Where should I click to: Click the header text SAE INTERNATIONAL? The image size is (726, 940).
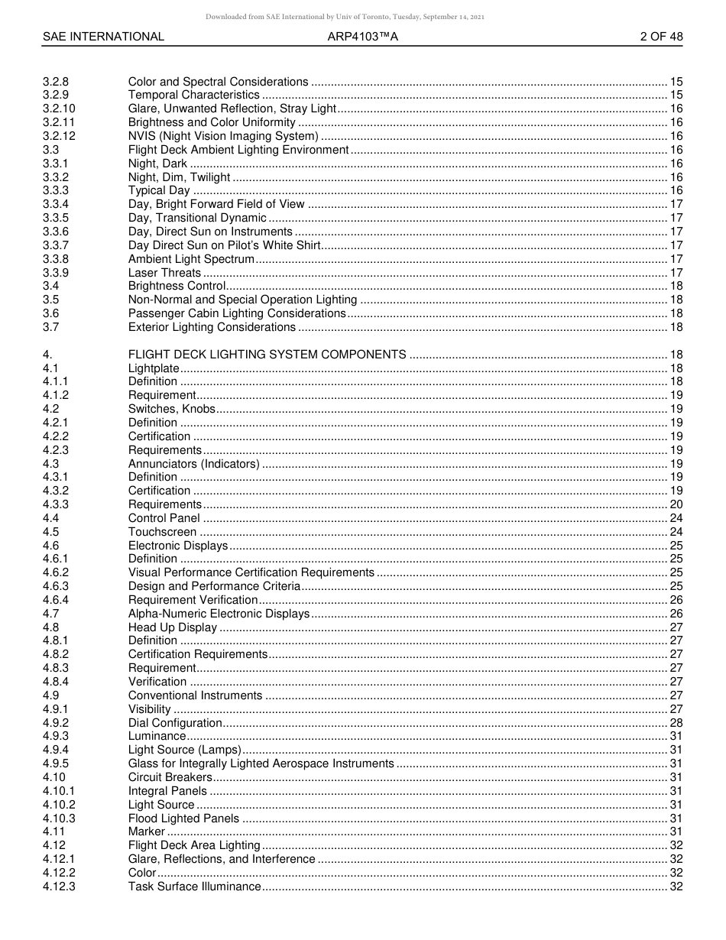(103, 36)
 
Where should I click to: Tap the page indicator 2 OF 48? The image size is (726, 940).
(662, 36)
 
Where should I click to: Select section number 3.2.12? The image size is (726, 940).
(59, 136)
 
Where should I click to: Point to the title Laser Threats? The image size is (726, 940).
(164, 273)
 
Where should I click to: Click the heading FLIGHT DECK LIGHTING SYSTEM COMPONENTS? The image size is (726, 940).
(267, 355)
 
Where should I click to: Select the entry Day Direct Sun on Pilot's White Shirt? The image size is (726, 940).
(224, 245)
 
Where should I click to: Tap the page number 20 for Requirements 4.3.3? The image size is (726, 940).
(676, 504)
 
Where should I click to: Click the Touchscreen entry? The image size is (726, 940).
(162, 532)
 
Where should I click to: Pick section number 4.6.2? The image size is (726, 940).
(56, 572)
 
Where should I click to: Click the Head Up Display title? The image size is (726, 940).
(173, 627)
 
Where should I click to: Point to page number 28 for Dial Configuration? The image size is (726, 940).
(676, 723)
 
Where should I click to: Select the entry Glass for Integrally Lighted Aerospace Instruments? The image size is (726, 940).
(261, 763)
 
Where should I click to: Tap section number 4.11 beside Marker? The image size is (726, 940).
(50, 831)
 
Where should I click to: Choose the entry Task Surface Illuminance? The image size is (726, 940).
(194, 887)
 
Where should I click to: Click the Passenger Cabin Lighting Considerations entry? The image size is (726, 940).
(237, 313)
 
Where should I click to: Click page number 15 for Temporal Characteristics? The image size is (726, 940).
(676, 95)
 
